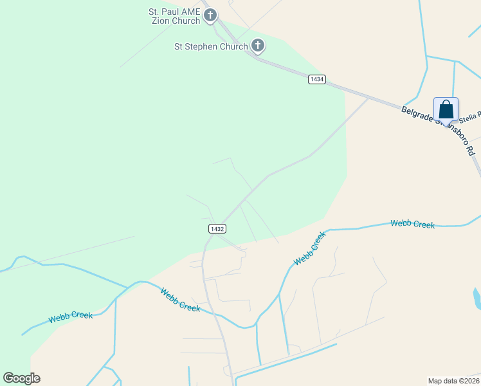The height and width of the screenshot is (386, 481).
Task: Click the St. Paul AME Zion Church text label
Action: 174,16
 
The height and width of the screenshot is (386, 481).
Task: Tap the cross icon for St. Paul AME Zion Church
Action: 210,15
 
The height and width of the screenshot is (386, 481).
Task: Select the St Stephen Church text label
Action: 211,46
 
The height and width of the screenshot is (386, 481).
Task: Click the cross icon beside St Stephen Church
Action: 257,46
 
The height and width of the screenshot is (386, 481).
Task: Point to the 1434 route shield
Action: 316,79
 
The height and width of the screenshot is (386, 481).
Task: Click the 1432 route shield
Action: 217,229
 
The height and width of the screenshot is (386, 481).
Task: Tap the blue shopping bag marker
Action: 446,109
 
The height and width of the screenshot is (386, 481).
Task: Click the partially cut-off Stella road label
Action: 469,116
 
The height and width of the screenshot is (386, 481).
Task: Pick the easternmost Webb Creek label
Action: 412,224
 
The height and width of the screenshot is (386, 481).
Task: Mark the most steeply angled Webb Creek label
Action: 310,250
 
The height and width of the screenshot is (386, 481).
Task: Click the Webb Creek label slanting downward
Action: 179,300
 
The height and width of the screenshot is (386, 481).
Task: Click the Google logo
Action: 21,378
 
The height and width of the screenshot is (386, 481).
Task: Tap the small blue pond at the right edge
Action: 477,299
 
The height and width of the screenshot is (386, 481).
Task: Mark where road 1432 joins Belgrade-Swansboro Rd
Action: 368,98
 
